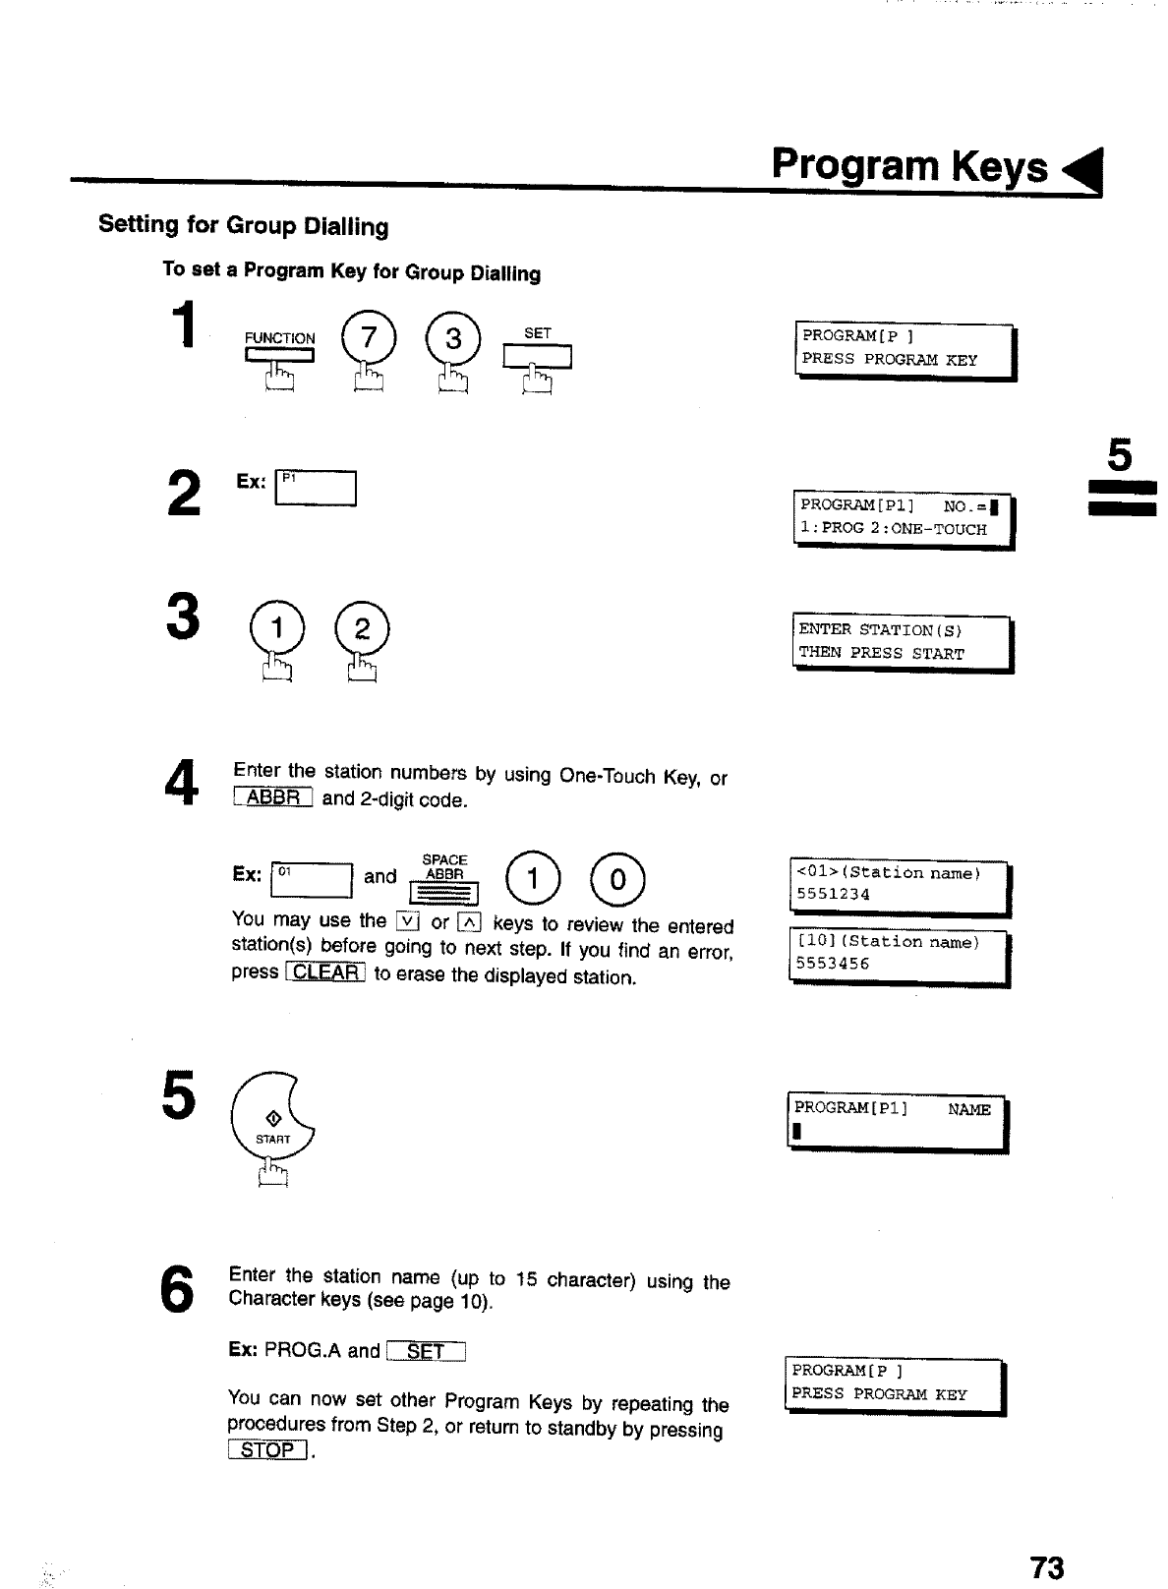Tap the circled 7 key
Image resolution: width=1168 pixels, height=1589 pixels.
coord(368,339)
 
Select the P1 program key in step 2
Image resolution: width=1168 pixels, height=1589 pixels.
coord(316,488)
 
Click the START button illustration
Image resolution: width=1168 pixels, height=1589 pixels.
coord(273,1121)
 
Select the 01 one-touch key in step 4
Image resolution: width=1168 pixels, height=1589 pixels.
coord(311,879)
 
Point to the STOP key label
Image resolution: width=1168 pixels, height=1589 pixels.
coord(267,1450)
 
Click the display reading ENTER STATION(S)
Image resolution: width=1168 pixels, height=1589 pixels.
coord(902,641)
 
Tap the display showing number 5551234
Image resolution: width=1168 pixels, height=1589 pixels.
coord(900,884)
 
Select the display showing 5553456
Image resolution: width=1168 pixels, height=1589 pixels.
coord(899,954)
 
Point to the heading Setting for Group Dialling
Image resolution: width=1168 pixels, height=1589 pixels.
coord(243,225)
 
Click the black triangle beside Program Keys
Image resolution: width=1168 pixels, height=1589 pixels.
coord(1084,171)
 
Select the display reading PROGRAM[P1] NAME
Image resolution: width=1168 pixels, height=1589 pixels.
coord(897,1121)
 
